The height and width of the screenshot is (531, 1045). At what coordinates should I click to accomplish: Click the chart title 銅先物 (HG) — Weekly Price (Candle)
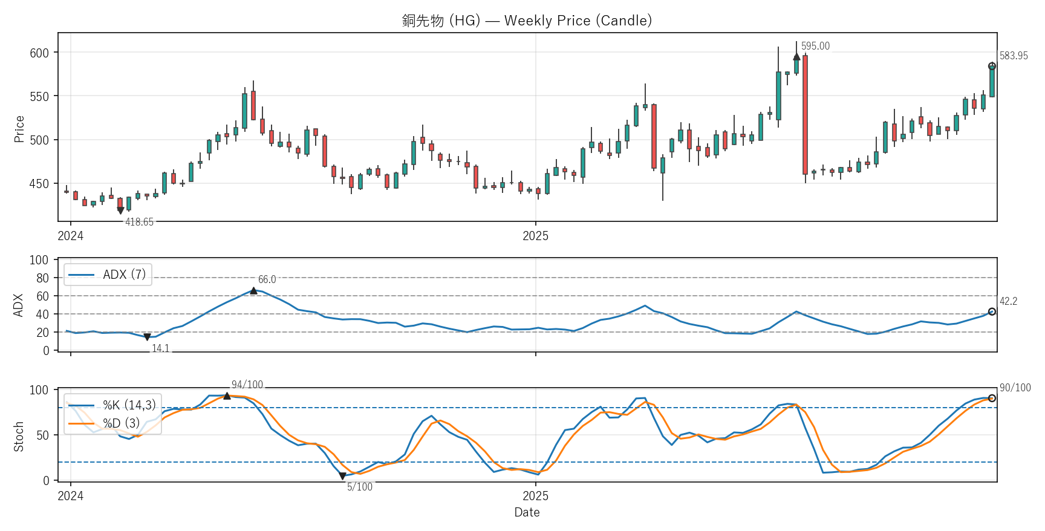click(x=527, y=21)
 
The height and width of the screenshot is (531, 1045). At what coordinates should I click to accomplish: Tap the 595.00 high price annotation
click(x=815, y=47)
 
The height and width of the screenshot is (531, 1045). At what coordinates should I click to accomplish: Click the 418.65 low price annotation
click(x=139, y=222)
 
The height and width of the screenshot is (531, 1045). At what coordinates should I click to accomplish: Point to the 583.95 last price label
click(x=1014, y=56)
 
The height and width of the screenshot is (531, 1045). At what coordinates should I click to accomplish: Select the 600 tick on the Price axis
click(x=39, y=53)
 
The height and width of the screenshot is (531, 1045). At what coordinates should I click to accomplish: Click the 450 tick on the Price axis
click(x=39, y=184)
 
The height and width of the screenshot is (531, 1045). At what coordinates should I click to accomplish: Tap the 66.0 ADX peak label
click(x=267, y=279)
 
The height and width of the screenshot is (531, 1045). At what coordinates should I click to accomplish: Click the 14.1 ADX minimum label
click(x=160, y=348)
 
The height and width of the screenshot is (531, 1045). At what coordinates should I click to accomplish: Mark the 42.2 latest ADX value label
click(x=1008, y=301)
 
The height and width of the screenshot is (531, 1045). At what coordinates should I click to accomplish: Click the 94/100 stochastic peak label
click(x=247, y=385)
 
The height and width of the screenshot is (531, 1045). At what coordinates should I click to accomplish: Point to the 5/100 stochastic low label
click(x=359, y=487)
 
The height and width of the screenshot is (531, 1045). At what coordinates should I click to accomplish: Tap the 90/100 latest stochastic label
click(x=1015, y=388)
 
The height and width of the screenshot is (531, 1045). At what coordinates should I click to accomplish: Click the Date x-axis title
click(x=527, y=512)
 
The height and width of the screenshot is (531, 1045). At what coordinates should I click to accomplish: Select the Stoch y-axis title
click(x=19, y=436)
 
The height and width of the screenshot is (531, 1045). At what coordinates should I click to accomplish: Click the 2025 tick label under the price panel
click(x=535, y=236)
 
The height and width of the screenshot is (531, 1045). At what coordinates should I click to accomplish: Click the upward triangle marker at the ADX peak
click(x=253, y=291)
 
